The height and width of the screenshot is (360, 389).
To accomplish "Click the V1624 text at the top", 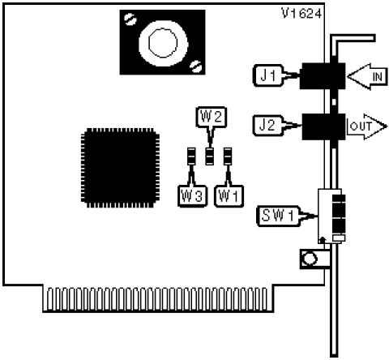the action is [301, 13].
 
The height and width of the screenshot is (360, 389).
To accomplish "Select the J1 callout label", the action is [268, 75].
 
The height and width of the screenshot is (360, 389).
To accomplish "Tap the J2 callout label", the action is [268, 126].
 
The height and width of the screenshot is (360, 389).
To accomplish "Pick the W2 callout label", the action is [212, 117].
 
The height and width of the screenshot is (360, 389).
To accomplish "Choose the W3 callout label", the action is [192, 196].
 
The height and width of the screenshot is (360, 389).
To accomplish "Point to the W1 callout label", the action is [229, 196].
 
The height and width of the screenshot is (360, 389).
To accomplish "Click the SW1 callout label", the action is [278, 216].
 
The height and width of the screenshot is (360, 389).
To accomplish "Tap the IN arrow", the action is [367, 77].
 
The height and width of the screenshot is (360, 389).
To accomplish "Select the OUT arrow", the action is [367, 126].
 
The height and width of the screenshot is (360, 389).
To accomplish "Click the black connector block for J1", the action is [323, 76].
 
